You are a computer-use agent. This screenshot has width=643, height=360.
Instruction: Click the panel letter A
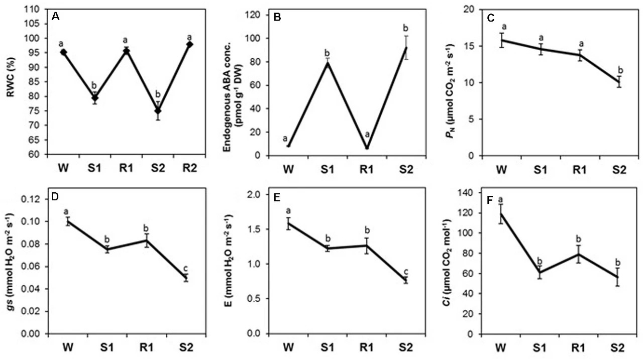56,17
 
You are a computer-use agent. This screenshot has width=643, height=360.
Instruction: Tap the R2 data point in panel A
189,45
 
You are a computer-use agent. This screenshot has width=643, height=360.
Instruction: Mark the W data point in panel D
67,221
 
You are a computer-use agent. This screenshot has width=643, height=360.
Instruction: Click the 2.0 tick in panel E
259,194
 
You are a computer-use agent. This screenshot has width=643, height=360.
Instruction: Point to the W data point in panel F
500,213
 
